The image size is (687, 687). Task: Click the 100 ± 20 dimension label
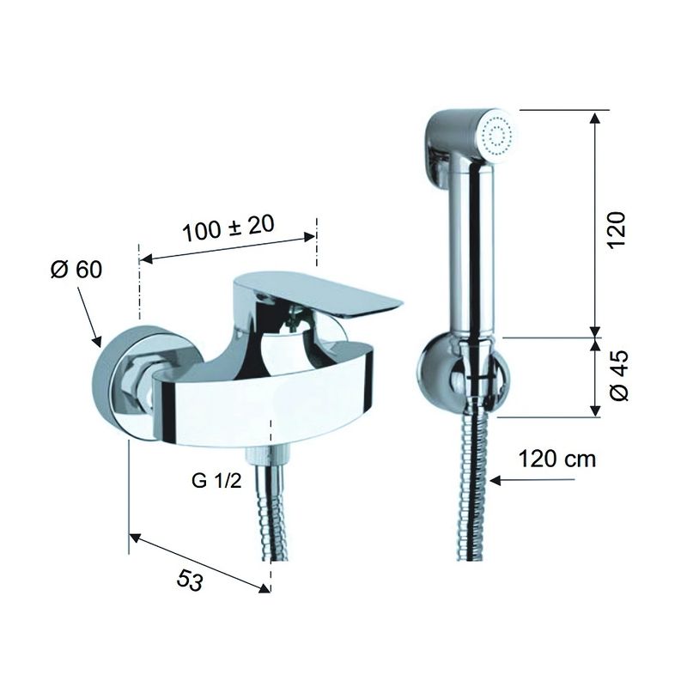pos(228,228)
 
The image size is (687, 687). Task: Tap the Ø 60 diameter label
pos(76,269)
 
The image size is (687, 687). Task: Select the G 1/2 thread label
pos(216,481)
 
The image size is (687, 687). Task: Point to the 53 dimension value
pos(190,581)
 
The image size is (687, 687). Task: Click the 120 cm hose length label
pos(556,459)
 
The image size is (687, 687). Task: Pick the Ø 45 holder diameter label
pos(618,375)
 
